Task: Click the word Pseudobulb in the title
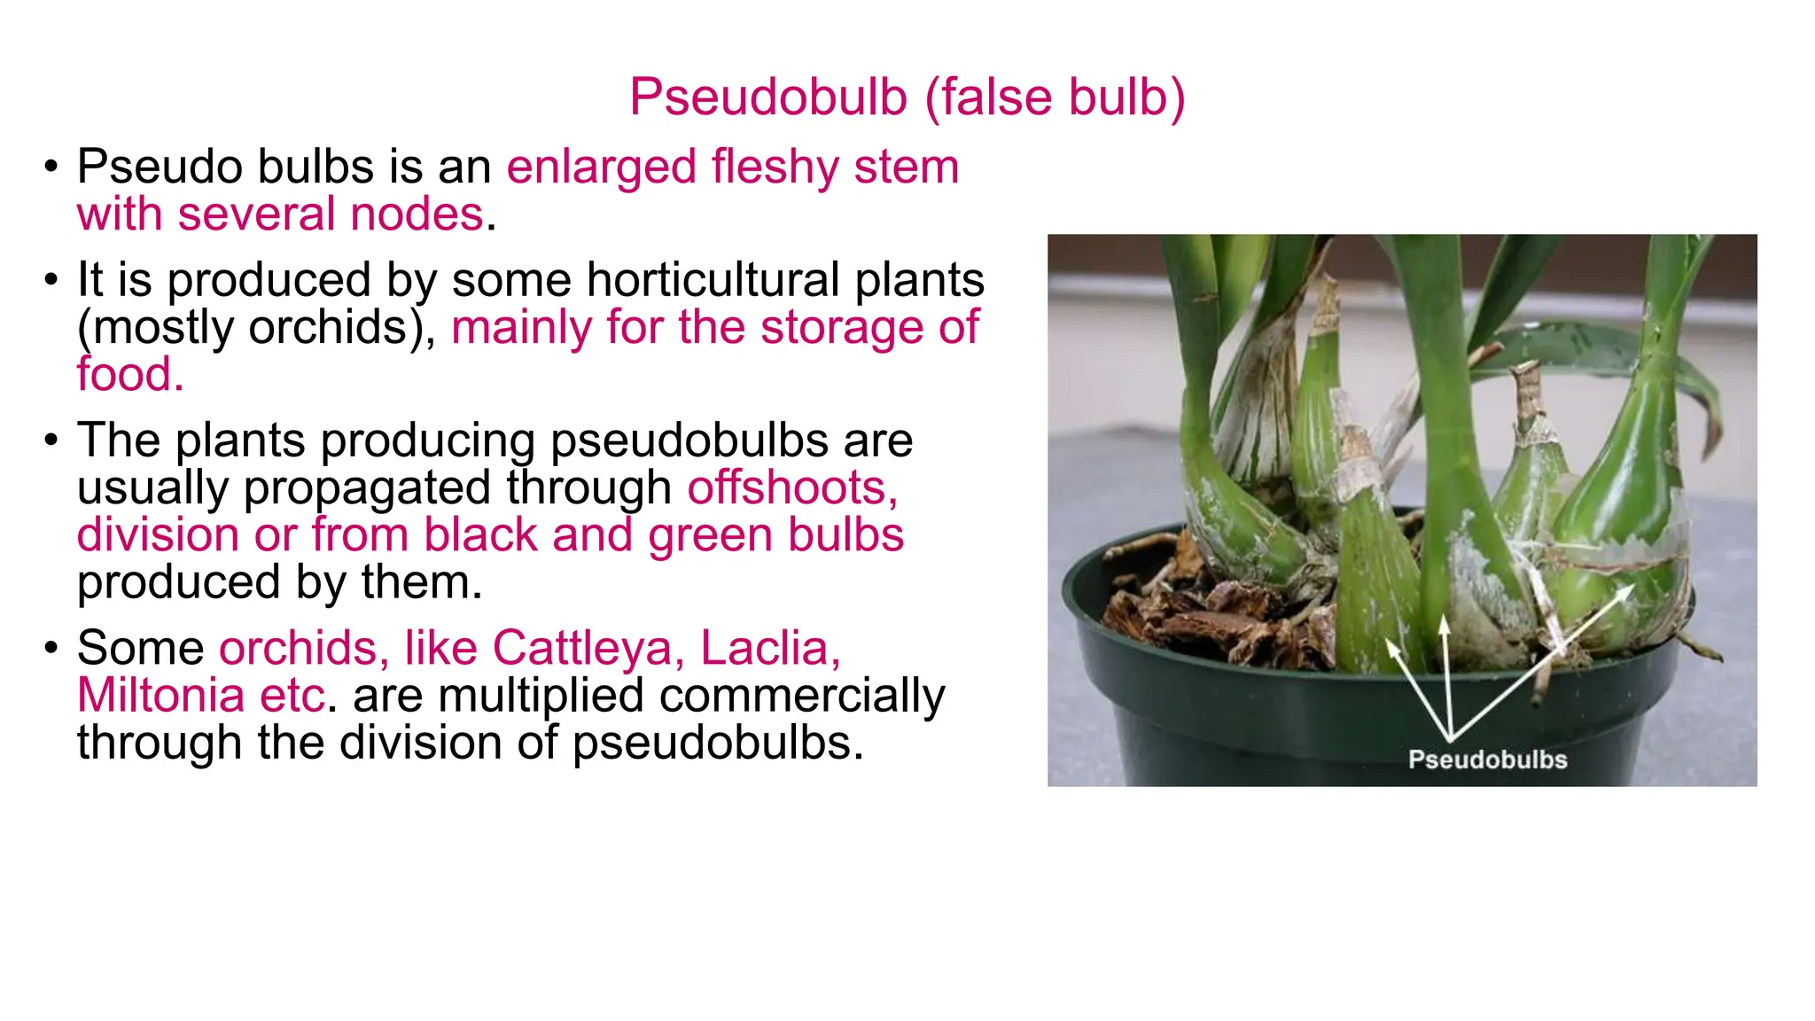768,97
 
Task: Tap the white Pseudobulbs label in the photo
1487,760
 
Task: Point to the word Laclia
769,648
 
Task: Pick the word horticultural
713,280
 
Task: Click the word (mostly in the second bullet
155,327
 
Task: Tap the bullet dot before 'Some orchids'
51,648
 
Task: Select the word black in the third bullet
480,534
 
